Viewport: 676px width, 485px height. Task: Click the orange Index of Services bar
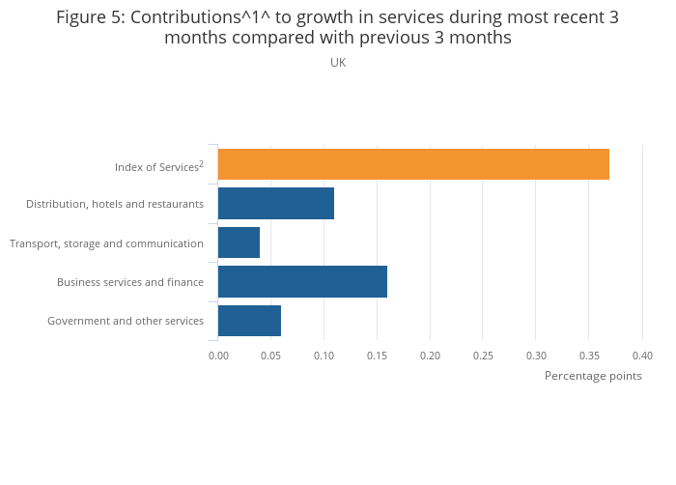pos(413,165)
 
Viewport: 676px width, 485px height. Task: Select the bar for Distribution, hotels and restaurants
pos(276,204)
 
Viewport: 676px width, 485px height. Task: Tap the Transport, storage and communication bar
pos(239,242)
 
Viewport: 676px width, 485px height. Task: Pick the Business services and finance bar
pos(302,281)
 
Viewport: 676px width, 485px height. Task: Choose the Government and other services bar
pos(249,320)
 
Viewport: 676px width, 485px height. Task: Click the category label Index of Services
pos(158,167)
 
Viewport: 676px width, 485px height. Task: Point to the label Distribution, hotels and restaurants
pos(115,204)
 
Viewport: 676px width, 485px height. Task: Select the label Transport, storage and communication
pos(106,243)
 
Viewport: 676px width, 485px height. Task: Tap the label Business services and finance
pos(130,282)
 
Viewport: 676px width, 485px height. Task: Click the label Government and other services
pos(126,321)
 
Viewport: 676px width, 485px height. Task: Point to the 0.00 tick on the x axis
pos(218,356)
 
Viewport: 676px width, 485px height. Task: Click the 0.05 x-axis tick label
pos(271,356)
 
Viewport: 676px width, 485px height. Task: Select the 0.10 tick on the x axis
pos(324,356)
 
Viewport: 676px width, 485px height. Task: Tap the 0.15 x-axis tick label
pos(378,356)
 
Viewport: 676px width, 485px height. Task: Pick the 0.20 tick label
pos(430,356)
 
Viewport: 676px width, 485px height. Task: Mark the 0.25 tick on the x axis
pos(483,356)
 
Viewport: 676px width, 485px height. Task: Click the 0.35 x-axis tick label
pos(589,356)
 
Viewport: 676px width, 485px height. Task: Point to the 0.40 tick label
pos(642,356)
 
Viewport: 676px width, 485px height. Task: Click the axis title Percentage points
pos(593,376)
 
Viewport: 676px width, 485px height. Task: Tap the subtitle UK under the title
pos(338,63)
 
